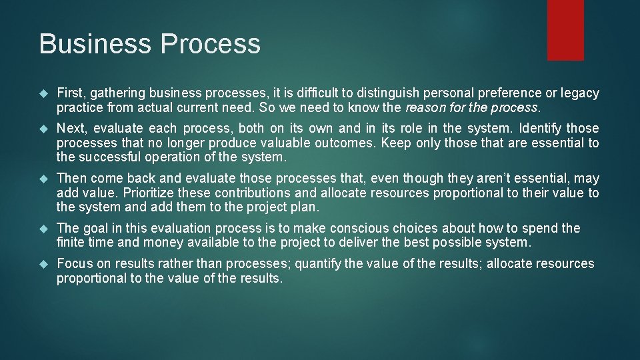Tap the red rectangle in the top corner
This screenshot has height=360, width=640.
click(565, 30)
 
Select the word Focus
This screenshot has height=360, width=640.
click(75, 263)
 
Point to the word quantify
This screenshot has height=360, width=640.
click(318, 263)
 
